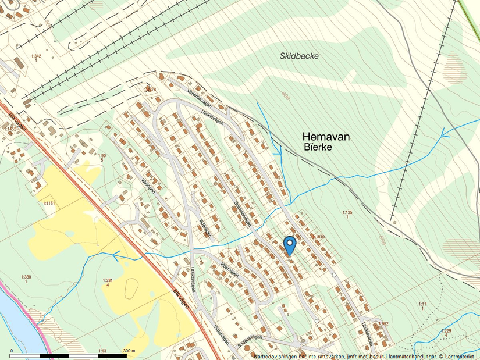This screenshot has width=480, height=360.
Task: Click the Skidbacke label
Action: tap(299, 56)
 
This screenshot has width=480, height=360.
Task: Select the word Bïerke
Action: tap(317, 148)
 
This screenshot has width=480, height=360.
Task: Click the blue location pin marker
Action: tap(289, 245)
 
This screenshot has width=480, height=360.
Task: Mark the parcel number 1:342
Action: tap(35, 56)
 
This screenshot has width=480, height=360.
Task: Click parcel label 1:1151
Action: tap(48, 204)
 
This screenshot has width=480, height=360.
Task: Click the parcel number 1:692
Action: tap(383, 323)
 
